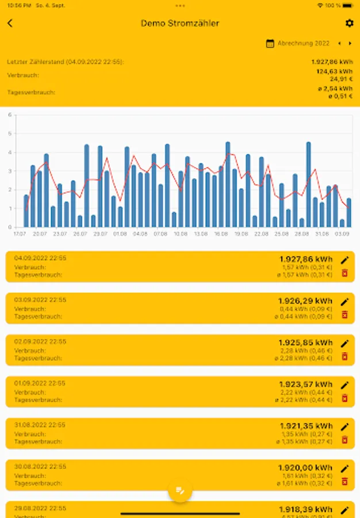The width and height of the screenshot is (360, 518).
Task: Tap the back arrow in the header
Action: pyautogui.click(x=10, y=23)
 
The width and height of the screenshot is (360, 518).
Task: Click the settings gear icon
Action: pyautogui.click(x=349, y=23)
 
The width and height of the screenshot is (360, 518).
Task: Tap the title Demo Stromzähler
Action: pyautogui.click(x=180, y=24)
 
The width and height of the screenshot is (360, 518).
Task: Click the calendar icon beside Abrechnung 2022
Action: pyautogui.click(x=270, y=43)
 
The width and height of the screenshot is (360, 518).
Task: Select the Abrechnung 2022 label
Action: pyautogui.click(x=304, y=43)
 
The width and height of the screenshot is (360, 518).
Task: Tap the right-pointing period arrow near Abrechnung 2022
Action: pyautogui.click(x=350, y=43)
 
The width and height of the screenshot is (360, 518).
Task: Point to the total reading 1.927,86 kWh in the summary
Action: pyautogui.click(x=332, y=62)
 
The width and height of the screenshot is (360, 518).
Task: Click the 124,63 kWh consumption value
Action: pyautogui.click(x=334, y=72)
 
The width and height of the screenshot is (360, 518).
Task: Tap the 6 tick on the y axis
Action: pyautogui.click(x=10, y=115)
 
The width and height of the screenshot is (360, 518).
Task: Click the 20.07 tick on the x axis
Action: pyautogui.click(x=40, y=234)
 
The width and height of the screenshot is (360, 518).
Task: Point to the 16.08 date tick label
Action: pyautogui.click(x=221, y=234)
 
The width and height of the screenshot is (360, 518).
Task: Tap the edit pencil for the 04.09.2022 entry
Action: pyautogui.click(x=344, y=260)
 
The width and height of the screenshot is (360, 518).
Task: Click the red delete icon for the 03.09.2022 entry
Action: pyautogui.click(x=344, y=314)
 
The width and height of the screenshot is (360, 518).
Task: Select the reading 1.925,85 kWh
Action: pyautogui.click(x=305, y=342)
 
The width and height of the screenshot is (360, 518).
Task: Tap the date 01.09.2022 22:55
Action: pyautogui.click(x=40, y=383)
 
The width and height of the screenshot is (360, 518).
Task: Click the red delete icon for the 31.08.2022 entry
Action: pyautogui.click(x=344, y=440)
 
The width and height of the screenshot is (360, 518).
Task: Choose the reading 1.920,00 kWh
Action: pyautogui.click(x=305, y=468)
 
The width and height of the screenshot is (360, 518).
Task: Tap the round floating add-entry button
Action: pyautogui.click(x=180, y=490)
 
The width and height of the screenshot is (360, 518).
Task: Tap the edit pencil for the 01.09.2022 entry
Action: pyautogui.click(x=344, y=385)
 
